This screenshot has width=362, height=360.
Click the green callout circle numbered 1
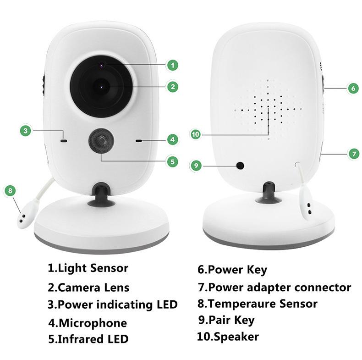click(x=172, y=65)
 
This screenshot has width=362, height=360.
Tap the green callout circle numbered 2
click(x=172, y=86)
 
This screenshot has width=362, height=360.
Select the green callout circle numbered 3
click(x=26, y=131)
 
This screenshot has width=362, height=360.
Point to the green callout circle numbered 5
click(x=172, y=161)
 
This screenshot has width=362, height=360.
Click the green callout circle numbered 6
click(x=352, y=88)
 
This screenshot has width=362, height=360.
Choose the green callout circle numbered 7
click(x=353, y=154)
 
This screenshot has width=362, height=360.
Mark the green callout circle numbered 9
click(x=196, y=166)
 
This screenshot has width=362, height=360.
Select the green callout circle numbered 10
click(x=196, y=134)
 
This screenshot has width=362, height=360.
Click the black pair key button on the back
click(x=239, y=165)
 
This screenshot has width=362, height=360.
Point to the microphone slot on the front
click(x=138, y=140)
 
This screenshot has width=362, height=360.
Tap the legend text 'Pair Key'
click(x=231, y=320)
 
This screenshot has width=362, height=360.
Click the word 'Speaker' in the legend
click(x=234, y=337)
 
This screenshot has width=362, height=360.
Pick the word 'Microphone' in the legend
click(x=93, y=323)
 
